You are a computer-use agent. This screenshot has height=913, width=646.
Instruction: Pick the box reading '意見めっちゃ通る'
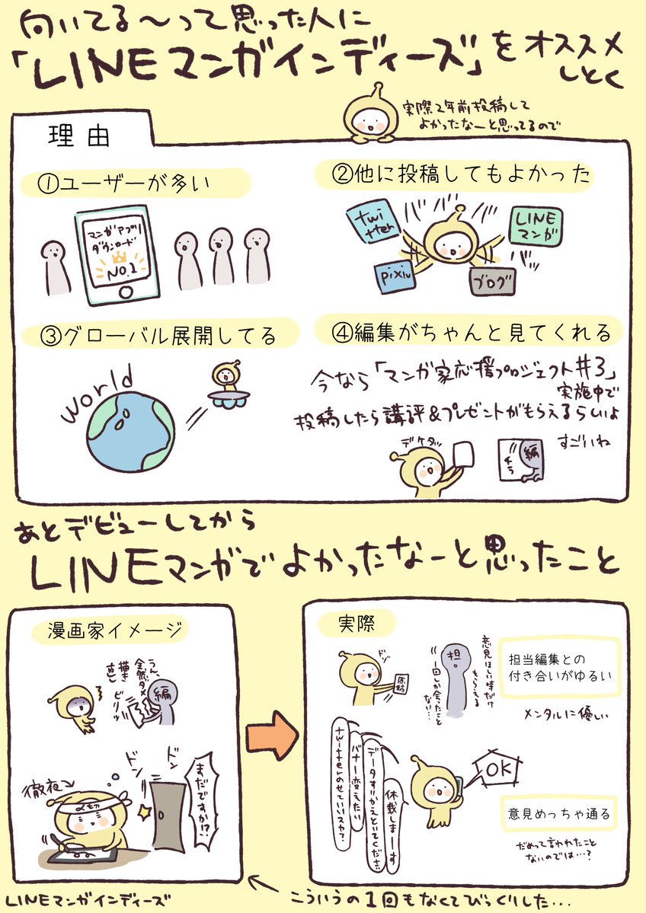point(557,814)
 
